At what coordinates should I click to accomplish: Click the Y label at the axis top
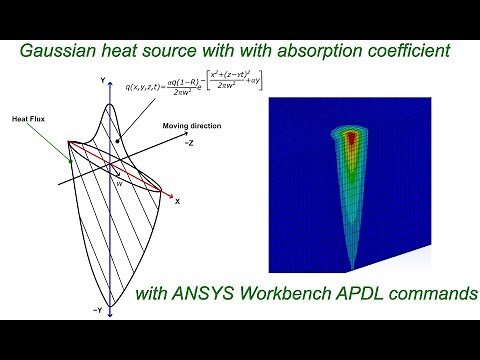point(103,78)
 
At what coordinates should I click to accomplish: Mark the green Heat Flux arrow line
point(50,139)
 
